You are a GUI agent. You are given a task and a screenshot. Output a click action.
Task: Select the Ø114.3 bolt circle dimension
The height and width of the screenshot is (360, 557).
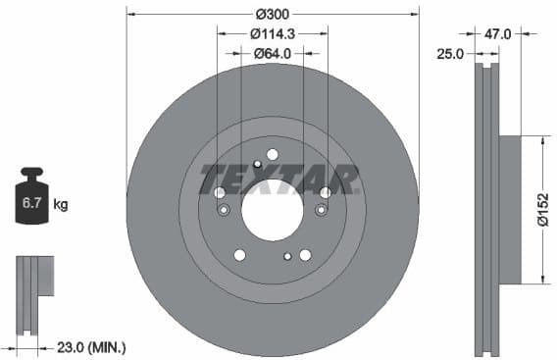(272, 34)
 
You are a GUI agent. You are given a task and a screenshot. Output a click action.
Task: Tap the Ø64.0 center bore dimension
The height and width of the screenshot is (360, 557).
(272, 54)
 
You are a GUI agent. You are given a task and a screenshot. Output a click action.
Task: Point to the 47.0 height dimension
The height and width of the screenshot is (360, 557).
(498, 33)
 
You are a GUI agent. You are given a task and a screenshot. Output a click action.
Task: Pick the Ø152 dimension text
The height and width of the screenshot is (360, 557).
(540, 209)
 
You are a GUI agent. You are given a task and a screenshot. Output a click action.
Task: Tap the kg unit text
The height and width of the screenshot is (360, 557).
(60, 205)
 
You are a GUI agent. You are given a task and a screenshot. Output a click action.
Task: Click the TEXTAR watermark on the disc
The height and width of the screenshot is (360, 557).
(278, 180)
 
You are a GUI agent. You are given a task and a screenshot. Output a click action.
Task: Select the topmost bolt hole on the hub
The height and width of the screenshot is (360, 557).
(272, 154)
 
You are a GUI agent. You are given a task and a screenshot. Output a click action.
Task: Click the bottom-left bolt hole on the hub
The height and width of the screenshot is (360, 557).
(239, 255)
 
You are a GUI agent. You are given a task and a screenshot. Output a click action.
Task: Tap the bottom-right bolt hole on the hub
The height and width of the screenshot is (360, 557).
(305, 255)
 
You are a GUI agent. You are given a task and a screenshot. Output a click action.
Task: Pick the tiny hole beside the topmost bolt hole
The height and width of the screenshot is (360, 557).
(257, 164)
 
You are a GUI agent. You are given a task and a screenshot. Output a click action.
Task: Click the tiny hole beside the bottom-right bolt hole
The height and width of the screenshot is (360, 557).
(287, 257)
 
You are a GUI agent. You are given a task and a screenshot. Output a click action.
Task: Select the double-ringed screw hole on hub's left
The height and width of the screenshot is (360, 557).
(224, 211)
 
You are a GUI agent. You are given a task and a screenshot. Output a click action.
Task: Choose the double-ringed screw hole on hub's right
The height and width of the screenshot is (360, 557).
(321, 211)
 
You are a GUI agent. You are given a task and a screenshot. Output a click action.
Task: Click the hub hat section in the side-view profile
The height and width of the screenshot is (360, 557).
(510, 209)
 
